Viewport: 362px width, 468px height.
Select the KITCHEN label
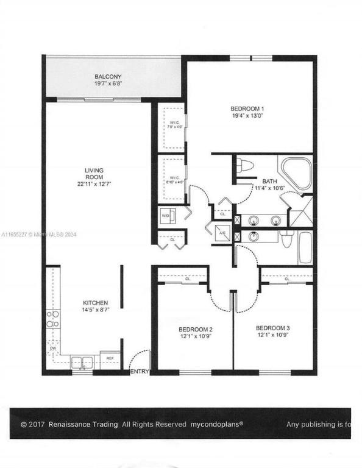point(96,303)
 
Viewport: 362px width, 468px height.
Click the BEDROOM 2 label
point(195,328)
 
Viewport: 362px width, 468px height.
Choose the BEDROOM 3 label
point(272,328)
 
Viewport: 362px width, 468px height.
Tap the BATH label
point(269,181)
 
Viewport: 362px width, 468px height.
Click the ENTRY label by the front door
point(139,371)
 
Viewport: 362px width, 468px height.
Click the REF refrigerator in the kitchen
point(110,358)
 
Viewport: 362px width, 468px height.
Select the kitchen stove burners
point(53,319)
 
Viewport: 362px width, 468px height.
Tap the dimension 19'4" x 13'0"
point(247,116)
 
